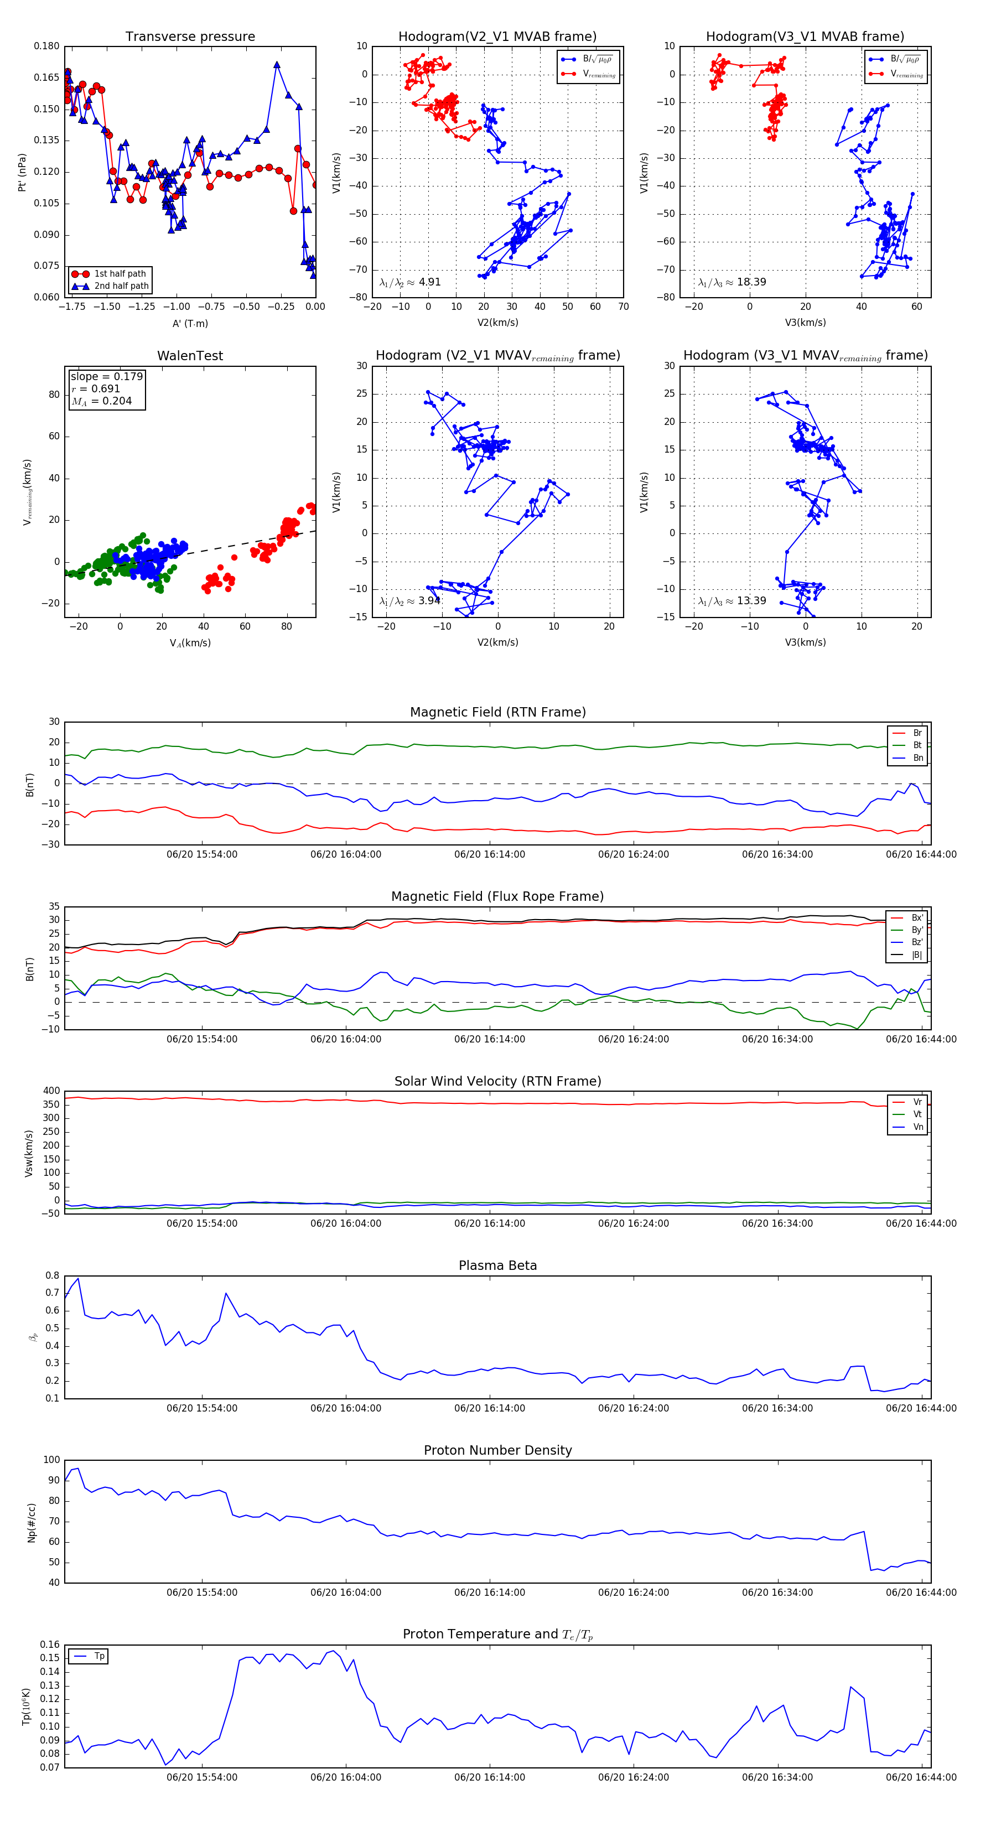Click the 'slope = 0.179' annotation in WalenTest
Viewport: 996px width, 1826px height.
[106, 376]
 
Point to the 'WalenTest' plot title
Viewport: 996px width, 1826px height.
[190, 356]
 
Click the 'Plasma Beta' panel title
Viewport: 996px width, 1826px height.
[497, 1266]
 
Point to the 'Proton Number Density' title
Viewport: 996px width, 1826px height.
[497, 1450]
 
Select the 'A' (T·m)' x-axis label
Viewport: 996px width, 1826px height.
[190, 324]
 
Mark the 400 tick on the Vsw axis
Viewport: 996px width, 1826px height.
[51, 1091]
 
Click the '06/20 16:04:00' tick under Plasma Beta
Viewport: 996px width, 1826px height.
[345, 1408]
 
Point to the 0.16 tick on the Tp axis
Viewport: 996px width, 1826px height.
[50, 1645]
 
